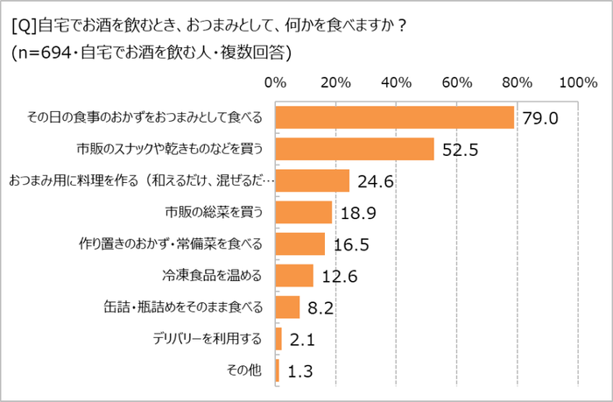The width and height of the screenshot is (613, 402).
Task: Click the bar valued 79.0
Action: pyautogui.click(x=394, y=117)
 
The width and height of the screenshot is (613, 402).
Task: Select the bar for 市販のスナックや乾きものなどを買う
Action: pyautogui.click(x=355, y=149)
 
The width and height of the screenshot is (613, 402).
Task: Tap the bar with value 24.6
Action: pyautogui.click(x=313, y=180)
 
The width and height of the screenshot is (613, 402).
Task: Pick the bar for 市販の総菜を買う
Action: pyautogui.click(x=304, y=212)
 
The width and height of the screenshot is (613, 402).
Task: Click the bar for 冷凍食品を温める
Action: pyautogui.click(x=294, y=275)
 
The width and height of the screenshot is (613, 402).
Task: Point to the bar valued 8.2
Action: pyautogui.click(x=288, y=307)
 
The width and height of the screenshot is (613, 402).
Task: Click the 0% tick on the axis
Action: pyautogui.click(x=276, y=83)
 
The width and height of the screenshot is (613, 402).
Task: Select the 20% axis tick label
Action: pyautogui.click(x=336, y=83)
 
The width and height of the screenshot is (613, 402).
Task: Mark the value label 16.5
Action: pyautogui.click(x=348, y=244)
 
